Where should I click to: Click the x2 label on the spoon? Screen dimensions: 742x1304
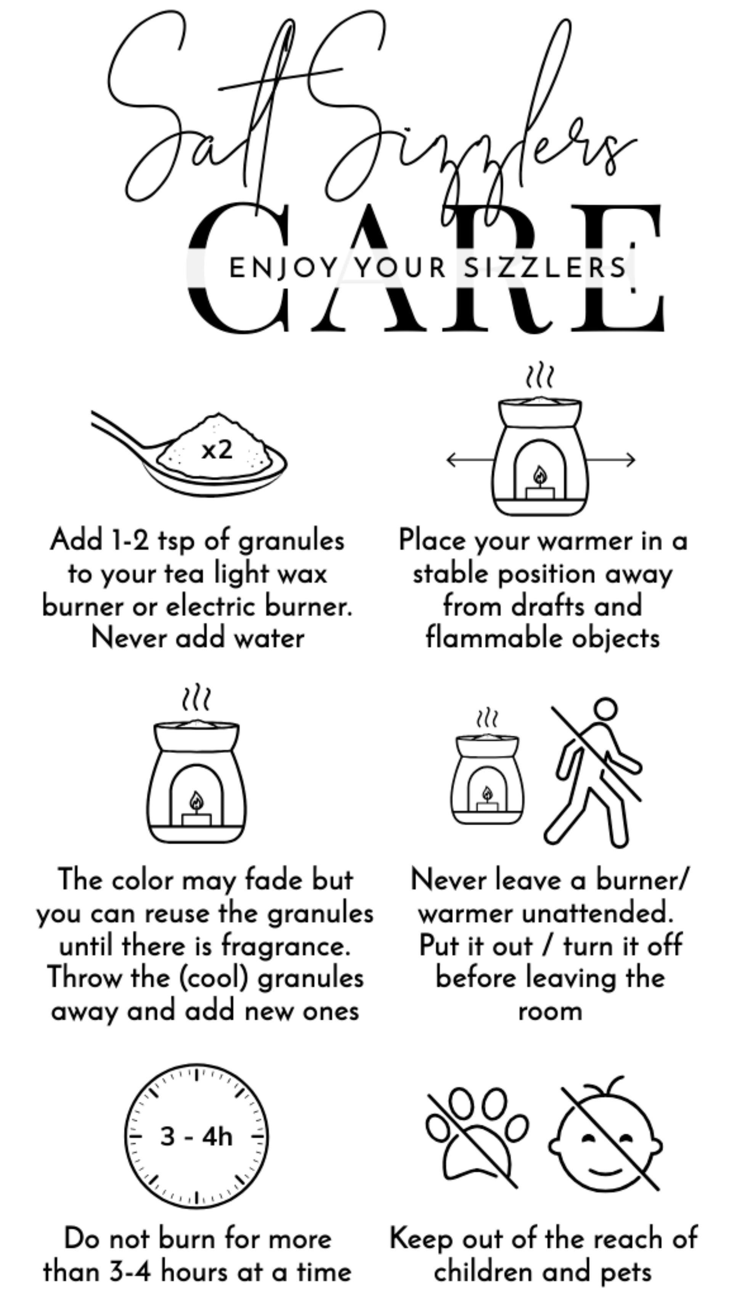(x=217, y=450)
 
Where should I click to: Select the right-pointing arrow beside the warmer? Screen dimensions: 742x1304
(x=610, y=460)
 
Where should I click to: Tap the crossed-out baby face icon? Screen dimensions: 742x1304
(x=605, y=1135)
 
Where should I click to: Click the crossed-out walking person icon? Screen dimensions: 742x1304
(x=594, y=772)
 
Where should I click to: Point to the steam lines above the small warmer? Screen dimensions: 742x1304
(x=487, y=717)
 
